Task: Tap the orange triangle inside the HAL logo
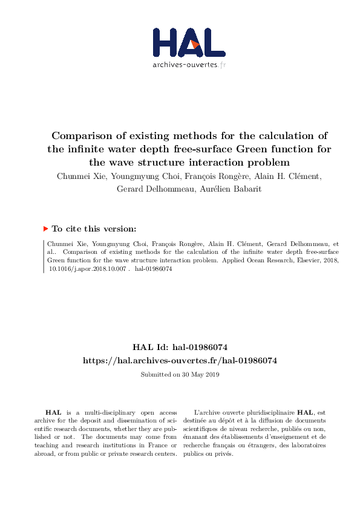click(x=194, y=44)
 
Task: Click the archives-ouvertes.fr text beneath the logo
click(x=189, y=65)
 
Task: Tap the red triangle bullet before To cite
click(x=45, y=229)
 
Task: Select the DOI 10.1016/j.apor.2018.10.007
click(x=88, y=269)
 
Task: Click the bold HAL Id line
click(x=180, y=348)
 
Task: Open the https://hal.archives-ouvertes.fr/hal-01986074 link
click(x=180, y=360)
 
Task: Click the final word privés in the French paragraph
click(x=223, y=453)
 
